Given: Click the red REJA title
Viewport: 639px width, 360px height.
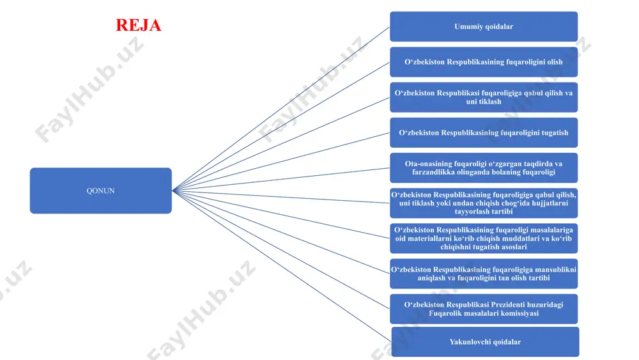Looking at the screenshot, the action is coord(139,25).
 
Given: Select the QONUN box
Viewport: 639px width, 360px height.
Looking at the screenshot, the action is coord(101,191).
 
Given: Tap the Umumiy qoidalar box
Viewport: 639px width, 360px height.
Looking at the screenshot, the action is coord(484,26).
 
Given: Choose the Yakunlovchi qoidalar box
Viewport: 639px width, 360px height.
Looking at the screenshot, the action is coord(485,341).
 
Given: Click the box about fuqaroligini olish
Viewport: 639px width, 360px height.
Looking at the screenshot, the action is coord(484,62).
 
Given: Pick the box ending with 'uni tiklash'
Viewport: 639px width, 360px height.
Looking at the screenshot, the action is coord(484,97).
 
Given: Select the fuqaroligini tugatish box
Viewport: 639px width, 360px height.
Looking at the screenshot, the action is coord(484,132).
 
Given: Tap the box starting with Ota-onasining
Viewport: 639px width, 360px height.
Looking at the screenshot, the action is coord(484,168).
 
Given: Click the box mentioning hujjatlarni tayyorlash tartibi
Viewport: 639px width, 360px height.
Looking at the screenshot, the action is coord(484,203).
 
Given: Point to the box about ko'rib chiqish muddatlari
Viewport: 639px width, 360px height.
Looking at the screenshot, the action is coord(484,239).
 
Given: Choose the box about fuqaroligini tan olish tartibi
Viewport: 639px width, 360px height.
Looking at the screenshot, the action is coord(484,274).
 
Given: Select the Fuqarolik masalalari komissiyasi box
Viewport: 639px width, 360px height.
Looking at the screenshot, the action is coord(484,309).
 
